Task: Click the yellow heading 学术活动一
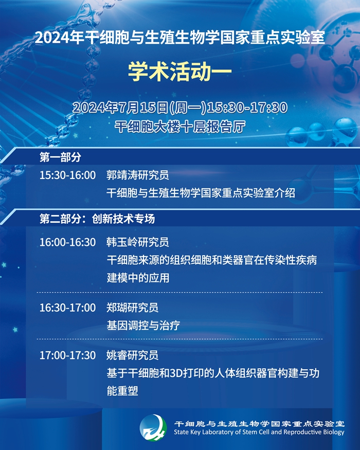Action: point(179,71)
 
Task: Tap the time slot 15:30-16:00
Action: point(67,175)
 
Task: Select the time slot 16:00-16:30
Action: point(67,242)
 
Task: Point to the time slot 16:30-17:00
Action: point(67,308)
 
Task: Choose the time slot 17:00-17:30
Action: point(67,355)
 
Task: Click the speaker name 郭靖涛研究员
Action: point(137,175)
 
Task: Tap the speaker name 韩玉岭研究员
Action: point(137,242)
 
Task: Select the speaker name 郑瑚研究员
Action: point(132,308)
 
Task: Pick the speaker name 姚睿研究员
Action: point(132,355)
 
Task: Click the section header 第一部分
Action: point(60,157)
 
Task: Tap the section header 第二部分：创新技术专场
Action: point(97,219)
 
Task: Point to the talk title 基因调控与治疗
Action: point(143,326)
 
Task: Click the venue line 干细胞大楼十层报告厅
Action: point(180,127)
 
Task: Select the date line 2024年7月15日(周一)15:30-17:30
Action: point(180,107)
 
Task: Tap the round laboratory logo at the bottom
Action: point(153,428)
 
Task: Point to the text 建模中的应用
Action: point(138,278)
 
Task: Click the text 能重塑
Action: point(122,391)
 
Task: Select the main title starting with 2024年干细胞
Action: point(179,38)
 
